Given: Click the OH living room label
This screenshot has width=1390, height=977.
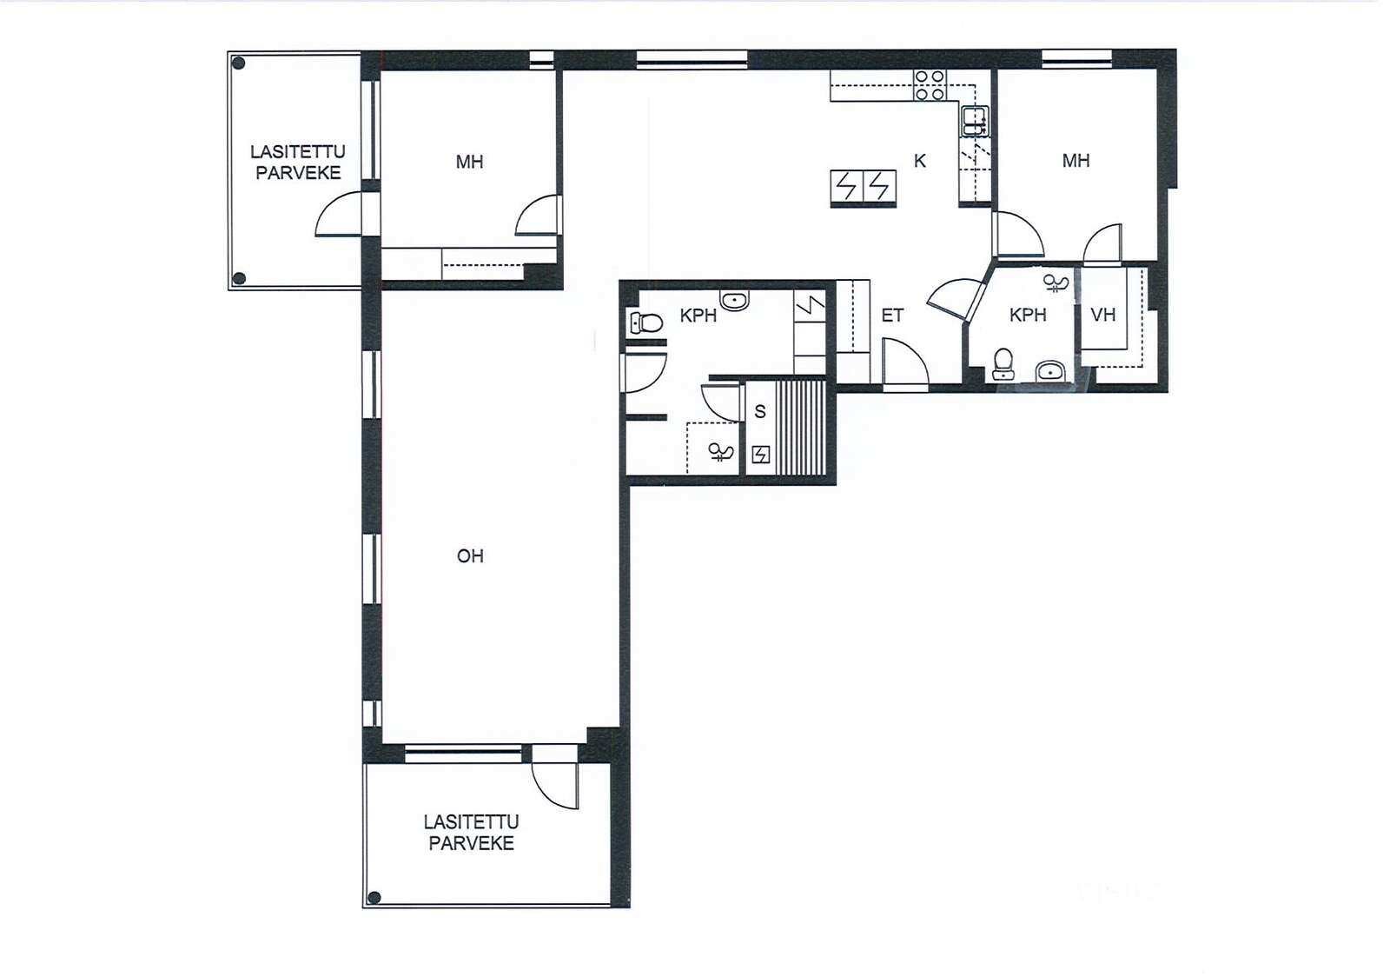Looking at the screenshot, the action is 470,555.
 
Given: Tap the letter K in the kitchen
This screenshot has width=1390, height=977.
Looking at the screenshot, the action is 920,161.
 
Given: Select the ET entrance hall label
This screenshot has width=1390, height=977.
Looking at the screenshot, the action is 892,316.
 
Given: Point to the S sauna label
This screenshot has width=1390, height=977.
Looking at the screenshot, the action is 760,411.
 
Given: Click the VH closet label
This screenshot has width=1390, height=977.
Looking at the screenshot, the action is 1103,315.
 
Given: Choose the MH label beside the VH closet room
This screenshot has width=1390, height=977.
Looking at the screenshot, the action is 1076,161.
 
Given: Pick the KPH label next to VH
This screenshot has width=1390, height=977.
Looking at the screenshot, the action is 1029,315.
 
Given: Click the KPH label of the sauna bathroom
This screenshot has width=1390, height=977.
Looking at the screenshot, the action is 698,316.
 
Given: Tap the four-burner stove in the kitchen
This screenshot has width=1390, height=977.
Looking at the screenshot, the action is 930,85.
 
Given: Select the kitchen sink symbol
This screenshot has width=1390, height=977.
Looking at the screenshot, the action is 975,121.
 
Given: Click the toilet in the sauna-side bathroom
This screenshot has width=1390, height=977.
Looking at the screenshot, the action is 646,322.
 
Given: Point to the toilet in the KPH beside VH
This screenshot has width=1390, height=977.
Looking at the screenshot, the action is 1003,363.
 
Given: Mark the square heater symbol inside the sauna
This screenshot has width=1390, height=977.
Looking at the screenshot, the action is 761,455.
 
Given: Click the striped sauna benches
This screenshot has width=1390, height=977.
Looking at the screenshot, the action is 802,428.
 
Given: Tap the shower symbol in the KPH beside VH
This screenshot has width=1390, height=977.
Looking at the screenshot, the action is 1056,283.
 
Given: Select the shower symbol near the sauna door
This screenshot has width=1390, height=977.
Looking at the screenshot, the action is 721,451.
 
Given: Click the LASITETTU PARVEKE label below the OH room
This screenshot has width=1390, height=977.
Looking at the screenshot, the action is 472,833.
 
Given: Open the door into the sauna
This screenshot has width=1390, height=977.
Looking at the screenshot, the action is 722,402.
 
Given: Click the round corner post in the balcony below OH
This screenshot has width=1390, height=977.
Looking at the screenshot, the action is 374,898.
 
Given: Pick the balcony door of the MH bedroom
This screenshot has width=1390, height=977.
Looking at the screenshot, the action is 339,214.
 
